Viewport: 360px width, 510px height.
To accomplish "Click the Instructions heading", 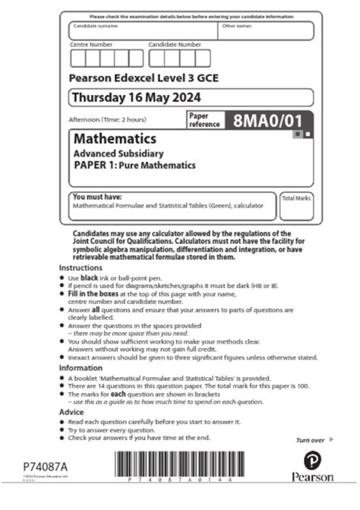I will click(81, 268).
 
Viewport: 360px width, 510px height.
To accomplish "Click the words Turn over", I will click(309, 440).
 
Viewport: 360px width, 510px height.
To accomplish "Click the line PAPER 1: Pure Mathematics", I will click(134, 166).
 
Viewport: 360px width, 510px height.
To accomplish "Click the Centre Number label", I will click(91, 45).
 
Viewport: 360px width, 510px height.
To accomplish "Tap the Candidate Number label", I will click(175, 45).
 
